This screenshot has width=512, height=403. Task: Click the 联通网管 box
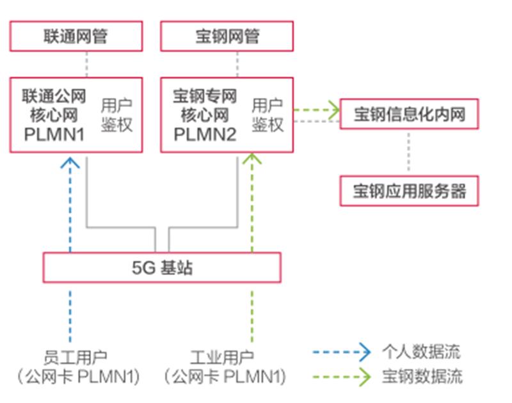tap(76, 36)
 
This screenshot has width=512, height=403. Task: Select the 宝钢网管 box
tap(227, 36)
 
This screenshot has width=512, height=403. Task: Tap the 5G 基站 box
tap(162, 267)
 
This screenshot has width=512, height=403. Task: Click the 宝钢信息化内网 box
tap(409, 115)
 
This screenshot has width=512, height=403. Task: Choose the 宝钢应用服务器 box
tap(409, 191)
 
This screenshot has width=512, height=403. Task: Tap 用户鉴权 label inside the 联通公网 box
tap(116, 115)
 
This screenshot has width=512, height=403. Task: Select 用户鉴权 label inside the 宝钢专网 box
tap(268, 115)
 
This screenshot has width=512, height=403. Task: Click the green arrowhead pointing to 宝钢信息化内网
tap(333, 109)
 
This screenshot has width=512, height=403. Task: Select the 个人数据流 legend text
tap(421, 351)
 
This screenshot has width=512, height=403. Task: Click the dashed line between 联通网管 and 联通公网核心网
tap(86, 65)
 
